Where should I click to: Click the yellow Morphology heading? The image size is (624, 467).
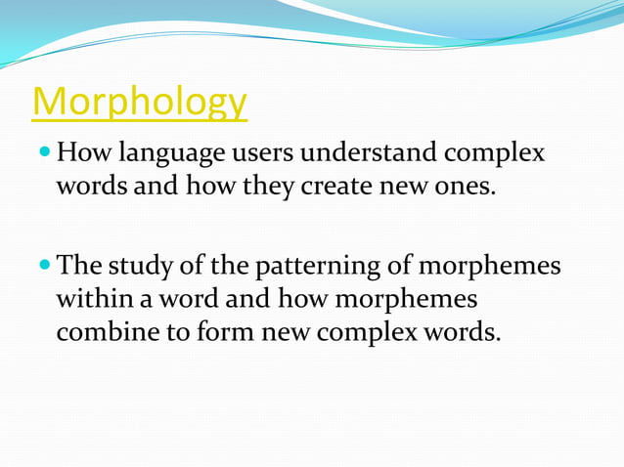(x=140, y=102)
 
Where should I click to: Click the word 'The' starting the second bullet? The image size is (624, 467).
(x=79, y=266)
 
